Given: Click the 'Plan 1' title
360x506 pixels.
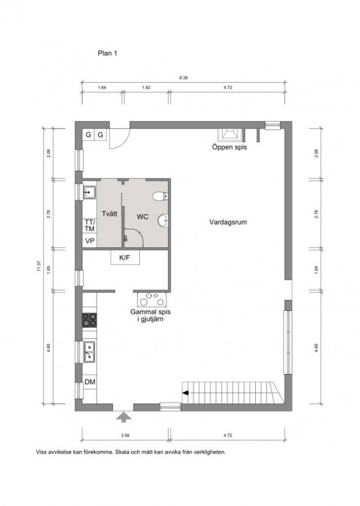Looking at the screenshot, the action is [107, 53].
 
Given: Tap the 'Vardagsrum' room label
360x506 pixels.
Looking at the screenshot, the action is [228, 222].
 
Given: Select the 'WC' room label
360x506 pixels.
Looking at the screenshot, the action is [142, 216].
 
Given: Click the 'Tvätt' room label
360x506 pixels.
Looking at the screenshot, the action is [109, 213].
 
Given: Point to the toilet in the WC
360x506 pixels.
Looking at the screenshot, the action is [161, 196].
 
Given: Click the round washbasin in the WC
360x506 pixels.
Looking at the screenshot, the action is [164, 221].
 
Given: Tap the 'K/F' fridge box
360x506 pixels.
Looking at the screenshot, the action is [125, 258].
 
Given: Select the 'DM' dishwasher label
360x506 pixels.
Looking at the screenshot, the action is [89, 382].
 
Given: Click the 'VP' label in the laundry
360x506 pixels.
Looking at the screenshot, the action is [89, 241].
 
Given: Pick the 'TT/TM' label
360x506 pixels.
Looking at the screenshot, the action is [89, 225].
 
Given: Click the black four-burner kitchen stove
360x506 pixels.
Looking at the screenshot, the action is [89, 320].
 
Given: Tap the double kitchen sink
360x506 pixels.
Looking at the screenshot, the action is [89, 351].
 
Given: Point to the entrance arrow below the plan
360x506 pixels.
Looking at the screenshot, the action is [124, 417].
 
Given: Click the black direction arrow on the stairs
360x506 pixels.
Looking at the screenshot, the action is [185, 392].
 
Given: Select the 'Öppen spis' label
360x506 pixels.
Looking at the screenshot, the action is [229, 147].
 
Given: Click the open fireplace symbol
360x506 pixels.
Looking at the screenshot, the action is [229, 135].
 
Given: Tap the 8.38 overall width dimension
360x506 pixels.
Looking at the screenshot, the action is [183, 78].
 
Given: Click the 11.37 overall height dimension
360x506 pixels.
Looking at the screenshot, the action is [39, 265].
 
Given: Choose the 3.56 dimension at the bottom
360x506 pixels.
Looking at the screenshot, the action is [125, 436].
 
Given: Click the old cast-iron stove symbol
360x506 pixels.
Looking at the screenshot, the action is [152, 299].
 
